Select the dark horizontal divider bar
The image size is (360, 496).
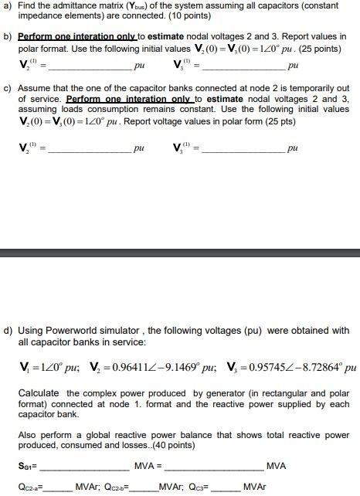(180, 253)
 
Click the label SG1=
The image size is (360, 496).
(29, 466)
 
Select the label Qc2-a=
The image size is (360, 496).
(32, 487)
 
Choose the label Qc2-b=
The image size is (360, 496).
(141, 487)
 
